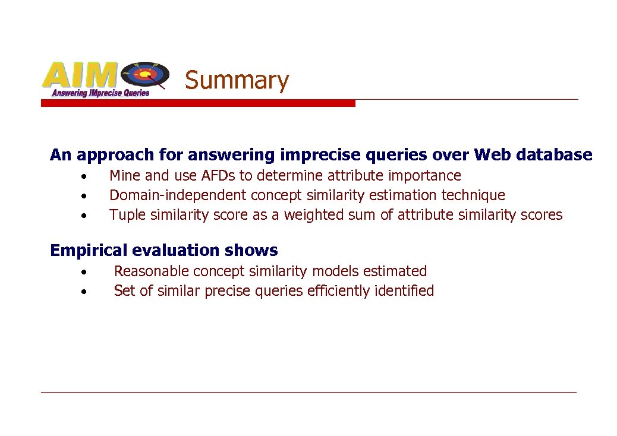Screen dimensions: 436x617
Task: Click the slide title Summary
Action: (x=237, y=80)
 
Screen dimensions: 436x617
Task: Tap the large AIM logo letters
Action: (x=79, y=75)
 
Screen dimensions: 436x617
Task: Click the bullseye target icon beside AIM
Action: (x=144, y=75)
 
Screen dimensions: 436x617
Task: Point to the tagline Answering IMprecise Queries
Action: (x=100, y=93)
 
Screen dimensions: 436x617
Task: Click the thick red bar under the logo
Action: (x=197, y=103)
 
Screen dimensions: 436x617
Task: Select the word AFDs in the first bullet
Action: (x=218, y=176)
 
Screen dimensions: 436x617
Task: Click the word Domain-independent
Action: (x=178, y=195)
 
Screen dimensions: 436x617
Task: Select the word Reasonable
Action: (x=151, y=271)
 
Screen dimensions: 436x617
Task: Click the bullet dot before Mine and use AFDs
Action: (x=86, y=176)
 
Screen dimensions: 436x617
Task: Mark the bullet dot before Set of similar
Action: (x=86, y=292)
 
